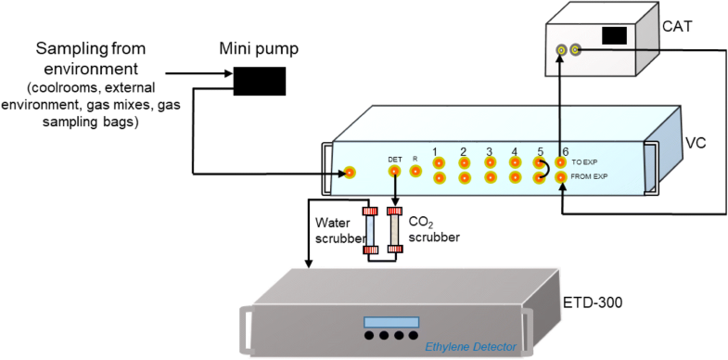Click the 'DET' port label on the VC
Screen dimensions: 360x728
[x=394, y=159]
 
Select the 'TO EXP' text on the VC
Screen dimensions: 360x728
[x=584, y=161]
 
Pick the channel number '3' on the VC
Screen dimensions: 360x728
[x=489, y=151]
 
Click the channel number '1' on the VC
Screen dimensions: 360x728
[x=435, y=151]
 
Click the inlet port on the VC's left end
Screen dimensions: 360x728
[x=349, y=173]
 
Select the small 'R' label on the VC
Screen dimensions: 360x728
[x=415, y=160]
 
